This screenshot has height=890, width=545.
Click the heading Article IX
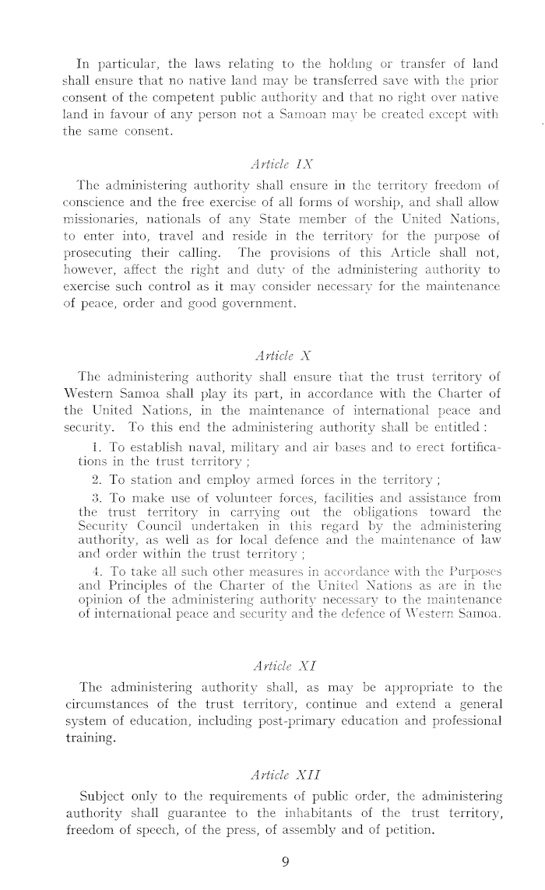[x=272, y=166]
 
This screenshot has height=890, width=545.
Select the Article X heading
[x=272, y=356]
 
